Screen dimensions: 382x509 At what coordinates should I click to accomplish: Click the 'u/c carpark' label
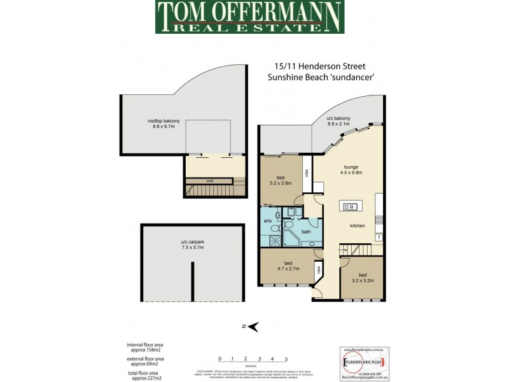tap(192, 246)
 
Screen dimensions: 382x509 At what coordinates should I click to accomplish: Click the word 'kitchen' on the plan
tap(358, 226)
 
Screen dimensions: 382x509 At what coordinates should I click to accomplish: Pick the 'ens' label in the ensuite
tap(268, 221)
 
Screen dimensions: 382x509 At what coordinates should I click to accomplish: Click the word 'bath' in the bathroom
tap(306, 232)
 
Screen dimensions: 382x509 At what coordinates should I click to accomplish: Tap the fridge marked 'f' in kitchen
tap(379, 237)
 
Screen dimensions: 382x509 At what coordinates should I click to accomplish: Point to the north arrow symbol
tap(252, 327)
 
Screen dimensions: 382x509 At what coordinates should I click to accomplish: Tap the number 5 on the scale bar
tap(286, 359)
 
